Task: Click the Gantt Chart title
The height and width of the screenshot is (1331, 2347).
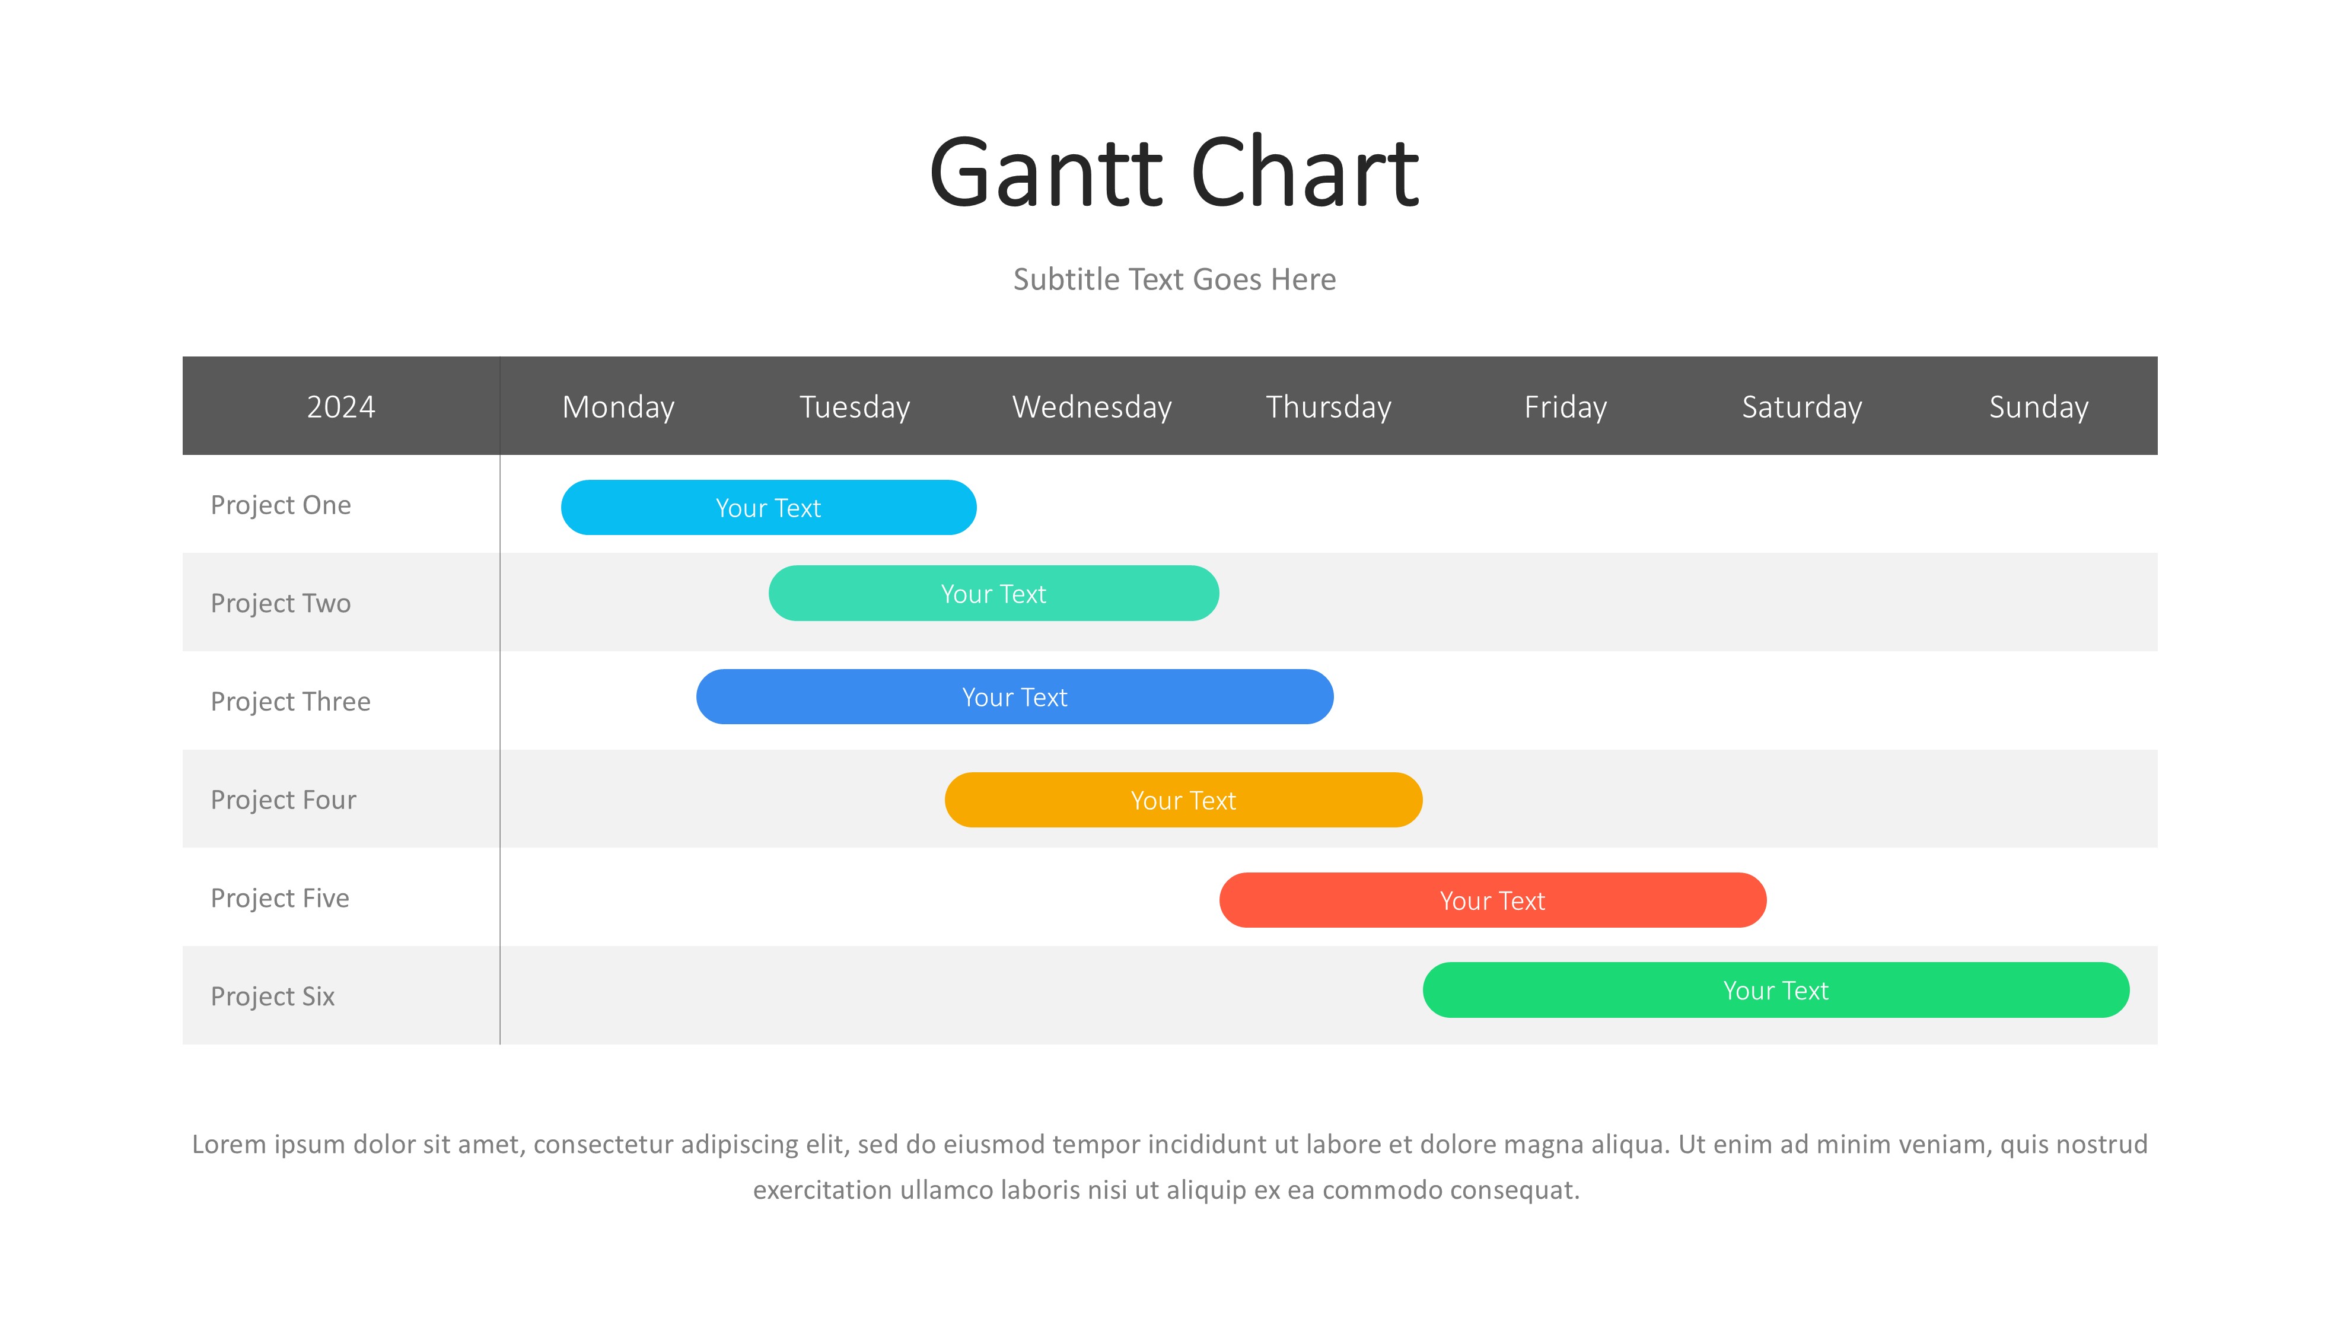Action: [1173, 172]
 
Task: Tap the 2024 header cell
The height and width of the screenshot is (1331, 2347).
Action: [341, 406]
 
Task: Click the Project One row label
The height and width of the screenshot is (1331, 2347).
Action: [281, 505]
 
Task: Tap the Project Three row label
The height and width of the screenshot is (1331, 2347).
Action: [291, 701]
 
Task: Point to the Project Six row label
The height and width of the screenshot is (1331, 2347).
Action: [272, 995]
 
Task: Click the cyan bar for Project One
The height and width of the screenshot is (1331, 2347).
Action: [769, 507]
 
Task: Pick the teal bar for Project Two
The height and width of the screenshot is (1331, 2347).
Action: [993, 593]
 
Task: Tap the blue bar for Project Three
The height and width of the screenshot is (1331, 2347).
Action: [1014, 696]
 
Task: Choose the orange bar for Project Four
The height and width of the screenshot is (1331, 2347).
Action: [1183, 800]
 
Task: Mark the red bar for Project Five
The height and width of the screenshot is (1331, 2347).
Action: [1492, 900]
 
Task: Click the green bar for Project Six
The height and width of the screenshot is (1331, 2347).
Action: [1776, 990]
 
